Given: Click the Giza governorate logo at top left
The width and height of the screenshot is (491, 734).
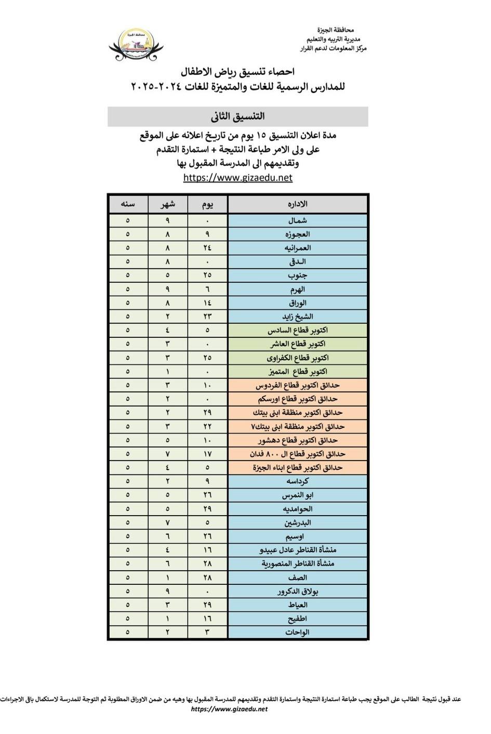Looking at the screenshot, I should tap(136, 45).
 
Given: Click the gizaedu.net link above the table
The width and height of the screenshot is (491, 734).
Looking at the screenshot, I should tap(238, 178).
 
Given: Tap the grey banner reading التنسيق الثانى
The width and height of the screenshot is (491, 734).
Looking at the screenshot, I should tap(238, 116).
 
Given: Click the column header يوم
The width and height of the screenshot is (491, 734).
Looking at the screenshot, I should tap(207, 204).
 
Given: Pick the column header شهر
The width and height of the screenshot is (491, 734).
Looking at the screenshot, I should tap(168, 204).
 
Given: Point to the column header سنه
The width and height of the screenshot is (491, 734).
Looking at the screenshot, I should tap(128, 204).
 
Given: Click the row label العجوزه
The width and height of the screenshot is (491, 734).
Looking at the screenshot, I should tap(298, 234).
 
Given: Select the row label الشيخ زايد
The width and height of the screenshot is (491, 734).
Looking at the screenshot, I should tap(298, 317).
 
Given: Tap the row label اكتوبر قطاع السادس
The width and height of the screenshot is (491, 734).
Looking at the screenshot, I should tap(298, 330).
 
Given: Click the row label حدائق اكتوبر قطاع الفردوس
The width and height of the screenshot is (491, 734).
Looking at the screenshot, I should tap(298, 385).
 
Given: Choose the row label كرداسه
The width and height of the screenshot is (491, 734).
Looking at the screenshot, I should tap(298, 481).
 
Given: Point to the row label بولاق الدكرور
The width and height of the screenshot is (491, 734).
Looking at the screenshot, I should tap(298, 592).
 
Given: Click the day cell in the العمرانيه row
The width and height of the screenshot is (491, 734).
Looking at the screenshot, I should tap(207, 248).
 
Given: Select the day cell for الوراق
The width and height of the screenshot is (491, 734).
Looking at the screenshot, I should tap(207, 303).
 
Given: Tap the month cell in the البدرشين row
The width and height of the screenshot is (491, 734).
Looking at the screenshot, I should tap(168, 522).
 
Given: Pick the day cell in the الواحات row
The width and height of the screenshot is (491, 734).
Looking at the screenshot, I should tap(207, 633).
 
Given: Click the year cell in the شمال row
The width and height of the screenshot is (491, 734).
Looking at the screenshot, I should tap(128, 220).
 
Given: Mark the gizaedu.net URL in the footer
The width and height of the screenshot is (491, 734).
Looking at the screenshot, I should tap(230, 709).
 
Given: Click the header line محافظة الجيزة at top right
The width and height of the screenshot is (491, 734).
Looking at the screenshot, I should tap(335, 31).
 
